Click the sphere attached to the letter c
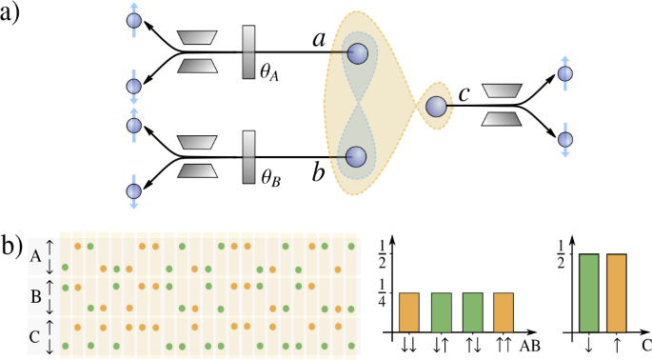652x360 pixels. tap(438, 106)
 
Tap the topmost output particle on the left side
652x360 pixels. tap(134, 19)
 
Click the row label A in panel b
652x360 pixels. tap(36, 256)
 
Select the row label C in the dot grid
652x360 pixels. tap(36, 334)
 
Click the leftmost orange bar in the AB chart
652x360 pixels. tap(409, 312)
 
